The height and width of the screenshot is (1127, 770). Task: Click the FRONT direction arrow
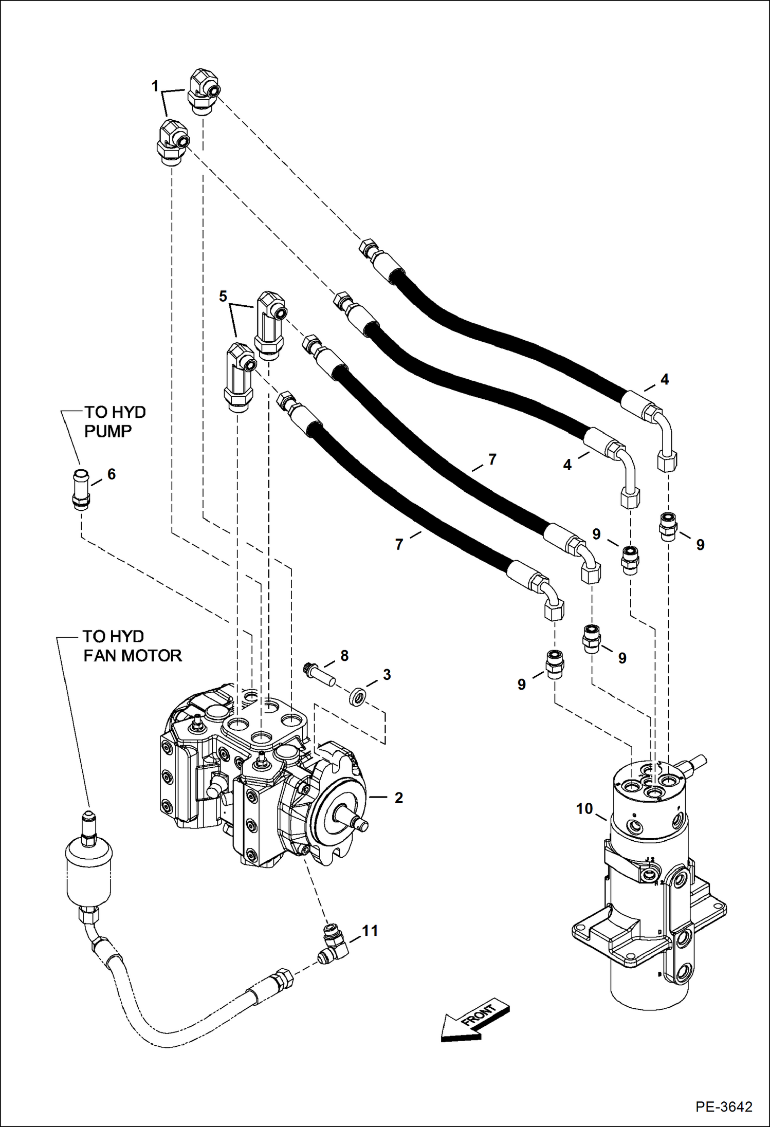pyautogui.click(x=474, y=1022)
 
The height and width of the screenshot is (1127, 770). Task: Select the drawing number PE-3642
pyautogui.click(x=724, y=1106)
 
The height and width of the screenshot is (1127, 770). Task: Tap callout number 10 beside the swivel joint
pyautogui.click(x=584, y=809)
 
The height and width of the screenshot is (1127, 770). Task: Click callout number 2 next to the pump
pyautogui.click(x=398, y=798)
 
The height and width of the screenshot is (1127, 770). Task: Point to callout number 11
pyautogui.click(x=370, y=931)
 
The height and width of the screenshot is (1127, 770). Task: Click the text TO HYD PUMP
pyautogui.click(x=115, y=421)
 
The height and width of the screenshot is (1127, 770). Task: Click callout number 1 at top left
pyautogui.click(x=155, y=86)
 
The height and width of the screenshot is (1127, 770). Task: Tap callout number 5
pyautogui.click(x=223, y=296)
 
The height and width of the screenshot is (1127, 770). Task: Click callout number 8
pyautogui.click(x=344, y=655)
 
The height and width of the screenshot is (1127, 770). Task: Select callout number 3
pyautogui.click(x=387, y=675)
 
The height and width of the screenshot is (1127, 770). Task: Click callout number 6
pyautogui.click(x=112, y=474)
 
